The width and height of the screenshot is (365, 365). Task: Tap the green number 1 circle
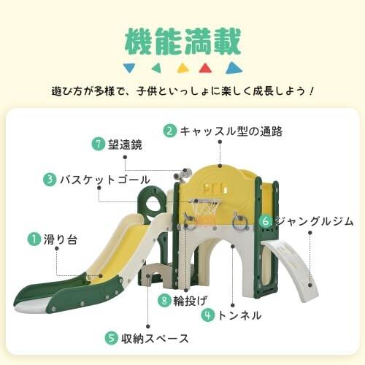tap(34, 239)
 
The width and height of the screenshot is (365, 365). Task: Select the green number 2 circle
tap(169, 131)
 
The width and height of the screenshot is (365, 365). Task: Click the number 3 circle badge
tap(49, 179)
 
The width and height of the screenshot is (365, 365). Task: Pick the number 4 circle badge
tap(208, 316)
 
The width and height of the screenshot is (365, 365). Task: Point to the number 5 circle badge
tap(111, 338)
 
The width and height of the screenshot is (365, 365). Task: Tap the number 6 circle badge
tap(266, 220)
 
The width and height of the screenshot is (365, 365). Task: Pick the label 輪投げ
tap(192, 299)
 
